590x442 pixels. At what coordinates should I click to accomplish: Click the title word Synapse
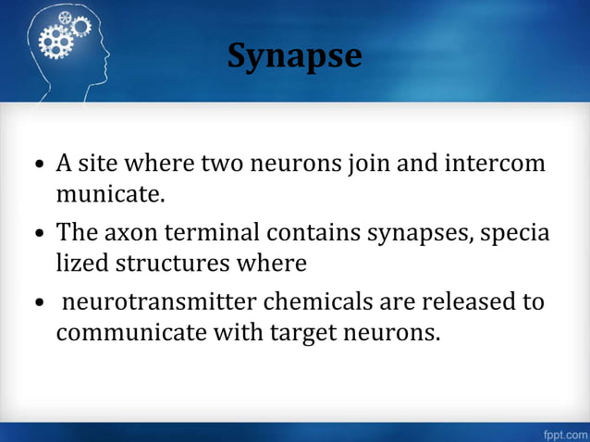click(295, 55)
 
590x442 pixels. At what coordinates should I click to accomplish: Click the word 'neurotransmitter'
click(177, 301)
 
